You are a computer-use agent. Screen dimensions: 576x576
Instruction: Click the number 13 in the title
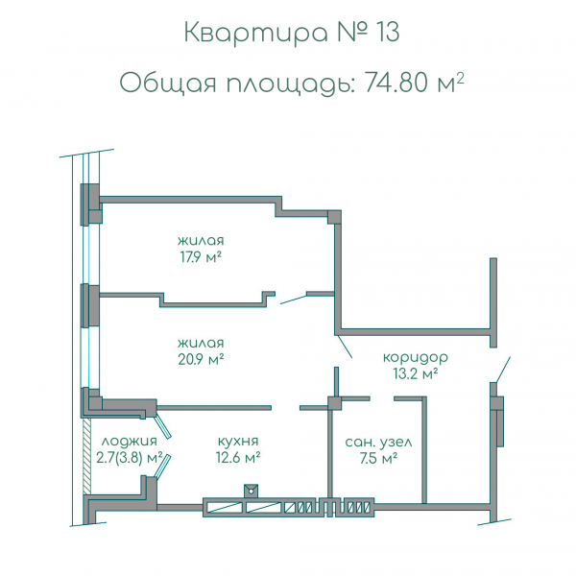[x=380, y=33]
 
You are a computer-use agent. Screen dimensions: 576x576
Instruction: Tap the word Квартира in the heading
[x=244, y=34]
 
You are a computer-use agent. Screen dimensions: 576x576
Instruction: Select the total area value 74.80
[x=396, y=83]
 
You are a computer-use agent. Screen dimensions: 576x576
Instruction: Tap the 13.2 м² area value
[x=415, y=372]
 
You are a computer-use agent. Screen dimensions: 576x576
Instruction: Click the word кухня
[x=238, y=443]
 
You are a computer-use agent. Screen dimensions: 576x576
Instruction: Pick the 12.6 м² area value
[x=238, y=458]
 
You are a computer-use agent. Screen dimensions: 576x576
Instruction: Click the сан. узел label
[x=378, y=443]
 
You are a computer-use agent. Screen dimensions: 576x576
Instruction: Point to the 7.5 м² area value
[x=378, y=458]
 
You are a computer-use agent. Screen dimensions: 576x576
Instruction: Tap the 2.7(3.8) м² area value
[x=128, y=458]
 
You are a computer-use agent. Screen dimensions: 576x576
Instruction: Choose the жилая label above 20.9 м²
[x=201, y=343]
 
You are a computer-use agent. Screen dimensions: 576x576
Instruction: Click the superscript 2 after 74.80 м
[x=461, y=77]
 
